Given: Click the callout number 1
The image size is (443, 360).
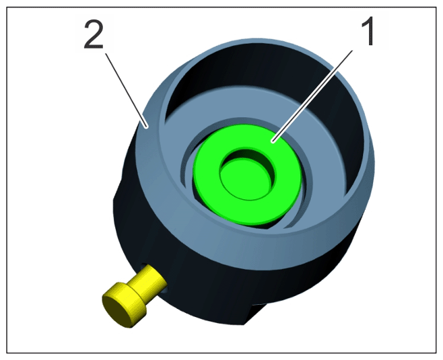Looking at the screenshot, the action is [368, 31].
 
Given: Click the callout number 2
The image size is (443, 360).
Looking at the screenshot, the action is [94, 35].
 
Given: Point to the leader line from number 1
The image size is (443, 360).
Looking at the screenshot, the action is [312, 96].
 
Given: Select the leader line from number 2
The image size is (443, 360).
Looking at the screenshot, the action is [126, 90].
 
